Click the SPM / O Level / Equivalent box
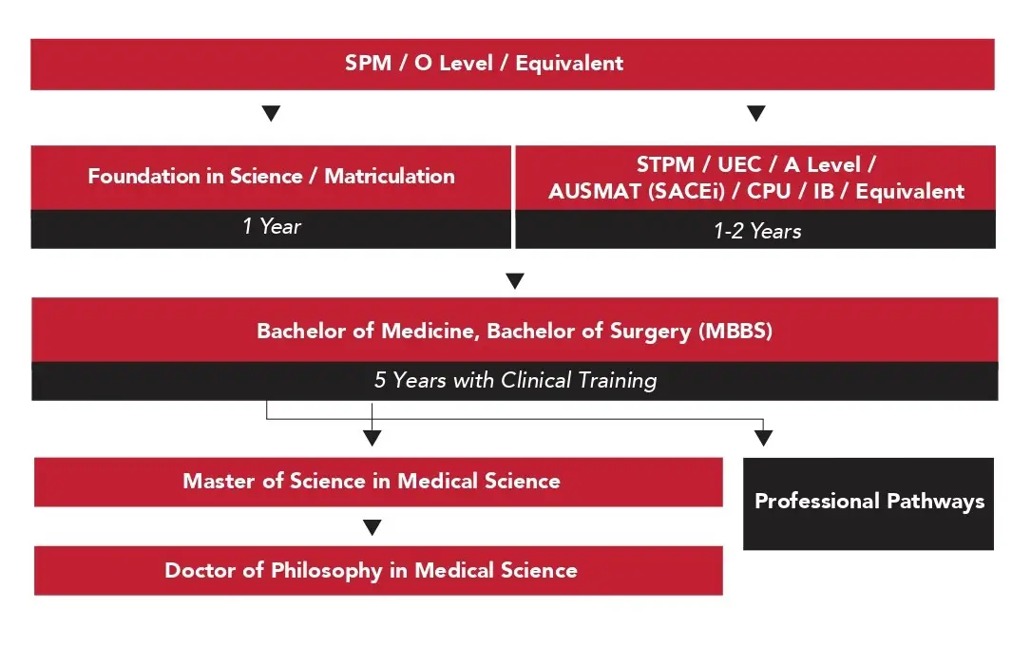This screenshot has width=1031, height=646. click(512, 64)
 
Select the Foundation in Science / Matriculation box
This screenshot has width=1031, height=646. click(271, 177)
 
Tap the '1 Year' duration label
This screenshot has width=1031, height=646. click(271, 227)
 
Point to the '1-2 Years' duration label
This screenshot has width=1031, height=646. click(756, 230)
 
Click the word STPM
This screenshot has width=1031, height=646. click(665, 165)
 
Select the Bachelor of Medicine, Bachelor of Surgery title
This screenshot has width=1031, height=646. click(514, 331)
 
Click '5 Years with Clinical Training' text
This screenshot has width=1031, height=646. click(515, 380)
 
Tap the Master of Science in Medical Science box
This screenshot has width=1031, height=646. click(378, 481)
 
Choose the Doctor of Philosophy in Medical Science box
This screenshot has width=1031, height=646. click(378, 570)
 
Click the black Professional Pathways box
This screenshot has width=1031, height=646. click(869, 503)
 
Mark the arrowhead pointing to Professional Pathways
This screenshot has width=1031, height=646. click(763, 438)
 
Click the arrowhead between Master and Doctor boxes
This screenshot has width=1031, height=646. click(372, 527)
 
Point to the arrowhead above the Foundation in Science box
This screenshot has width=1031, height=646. click(271, 114)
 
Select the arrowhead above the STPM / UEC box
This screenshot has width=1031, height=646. click(756, 114)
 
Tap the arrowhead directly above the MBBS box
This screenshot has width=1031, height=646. click(514, 281)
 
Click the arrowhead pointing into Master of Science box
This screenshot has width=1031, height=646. click(372, 438)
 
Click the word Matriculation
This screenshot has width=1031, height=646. click(390, 177)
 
